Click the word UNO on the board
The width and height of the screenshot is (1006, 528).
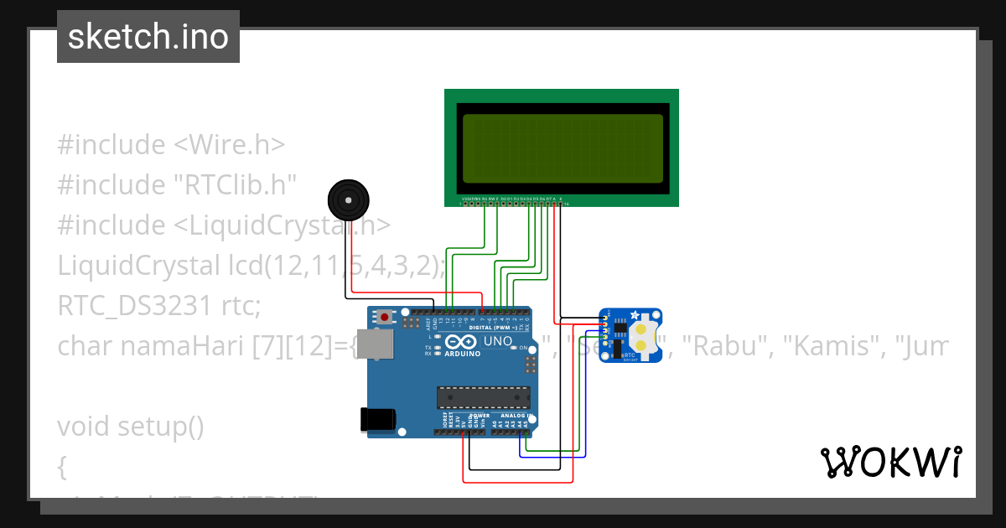click(x=498, y=342)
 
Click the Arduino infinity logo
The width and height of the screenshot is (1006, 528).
click(x=459, y=342)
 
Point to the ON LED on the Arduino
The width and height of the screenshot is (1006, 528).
click(x=515, y=348)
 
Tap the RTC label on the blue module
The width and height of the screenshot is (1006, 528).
click(x=630, y=355)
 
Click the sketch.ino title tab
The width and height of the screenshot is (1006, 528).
click(x=148, y=37)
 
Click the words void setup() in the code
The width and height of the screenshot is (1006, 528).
click(x=130, y=426)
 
